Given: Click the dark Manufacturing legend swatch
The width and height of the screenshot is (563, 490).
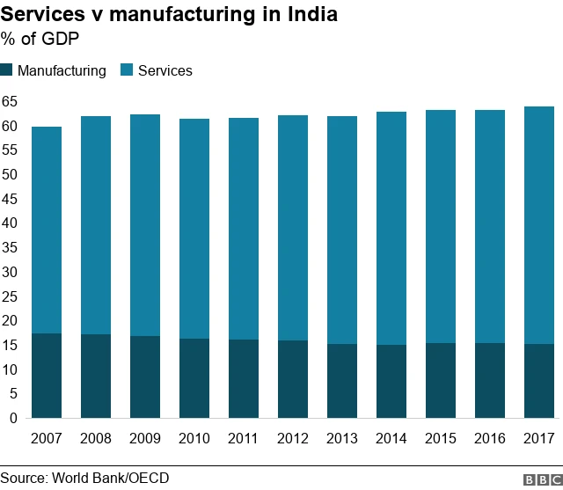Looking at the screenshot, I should pyautogui.click(x=7, y=70).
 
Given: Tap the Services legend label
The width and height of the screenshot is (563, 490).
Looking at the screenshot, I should pyautogui.click(x=165, y=70).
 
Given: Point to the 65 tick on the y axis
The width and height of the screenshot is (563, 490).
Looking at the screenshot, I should pyautogui.click(x=10, y=101).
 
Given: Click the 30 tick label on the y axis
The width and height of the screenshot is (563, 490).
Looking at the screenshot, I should pyautogui.click(x=10, y=272).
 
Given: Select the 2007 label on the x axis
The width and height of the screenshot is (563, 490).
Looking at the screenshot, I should pyautogui.click(x=47, y=438).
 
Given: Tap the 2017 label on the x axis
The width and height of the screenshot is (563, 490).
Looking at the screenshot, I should pyautogui.click(x=539, y=438).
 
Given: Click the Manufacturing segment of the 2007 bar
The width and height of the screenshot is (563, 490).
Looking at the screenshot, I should pyautogui.click(x=47, y=376).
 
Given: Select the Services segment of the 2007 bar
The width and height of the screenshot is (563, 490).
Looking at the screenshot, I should pyautogui.click(x=47, y=230).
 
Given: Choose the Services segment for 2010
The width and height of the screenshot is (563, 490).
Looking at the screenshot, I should pyautogui.click(x=194, y=229).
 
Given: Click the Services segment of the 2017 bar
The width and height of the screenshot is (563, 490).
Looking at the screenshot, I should pyautogui.click(x=539, y=225).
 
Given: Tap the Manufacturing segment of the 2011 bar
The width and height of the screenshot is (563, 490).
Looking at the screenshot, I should pyautogui.click(x=244, y=378).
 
